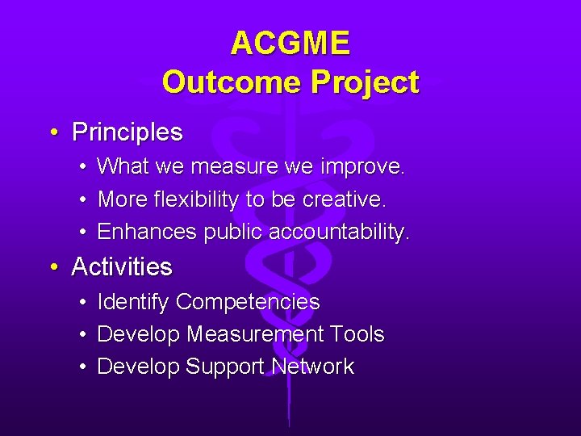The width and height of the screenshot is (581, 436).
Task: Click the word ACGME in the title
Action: [x=290, y=44]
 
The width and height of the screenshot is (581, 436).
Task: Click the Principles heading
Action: [x=127, y=132]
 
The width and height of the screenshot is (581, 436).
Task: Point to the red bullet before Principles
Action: [x=52, y=132]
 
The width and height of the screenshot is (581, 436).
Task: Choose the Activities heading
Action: [x=122, y=266]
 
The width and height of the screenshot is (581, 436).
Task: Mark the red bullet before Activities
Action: [x=52, y=267]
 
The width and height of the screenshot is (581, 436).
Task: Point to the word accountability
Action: [x=339, y=233]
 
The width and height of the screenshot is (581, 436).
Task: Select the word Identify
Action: [x=132, y=302]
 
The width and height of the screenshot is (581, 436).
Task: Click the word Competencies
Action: [x=248, y=302]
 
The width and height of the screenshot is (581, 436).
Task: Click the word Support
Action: [x=225, y=367]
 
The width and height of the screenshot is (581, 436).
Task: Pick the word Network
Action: [x=312, y=367]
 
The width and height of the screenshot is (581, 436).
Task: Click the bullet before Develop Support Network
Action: [x=84, y=367]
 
